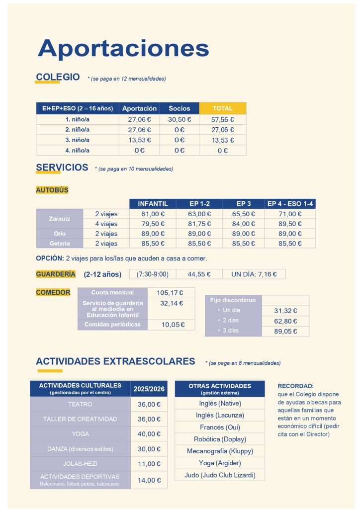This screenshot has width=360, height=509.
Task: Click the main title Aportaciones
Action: tap(123, 48)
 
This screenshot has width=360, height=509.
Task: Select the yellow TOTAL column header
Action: tap(222, 108)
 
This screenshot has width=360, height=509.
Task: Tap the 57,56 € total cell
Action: tap(222, 119)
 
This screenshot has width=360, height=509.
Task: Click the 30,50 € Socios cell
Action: tap(179, 119)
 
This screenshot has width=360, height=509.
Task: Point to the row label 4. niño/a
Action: tap(78, 150)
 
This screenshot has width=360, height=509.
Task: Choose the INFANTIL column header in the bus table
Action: tap(153, 204)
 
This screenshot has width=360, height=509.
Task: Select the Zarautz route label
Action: tap(59, 219)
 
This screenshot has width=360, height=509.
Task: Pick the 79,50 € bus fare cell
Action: tap(153, 224)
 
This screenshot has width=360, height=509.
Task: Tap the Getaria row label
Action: tap(59, 244)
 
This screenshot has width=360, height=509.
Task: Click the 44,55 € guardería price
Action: tap(199, 274)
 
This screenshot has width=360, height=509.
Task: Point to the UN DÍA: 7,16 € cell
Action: tap(254, 274)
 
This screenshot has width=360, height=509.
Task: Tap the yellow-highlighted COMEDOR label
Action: tap(53, 292)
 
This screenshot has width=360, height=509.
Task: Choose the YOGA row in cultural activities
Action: tap(80, 434)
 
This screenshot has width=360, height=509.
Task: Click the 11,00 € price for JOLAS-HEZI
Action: tap(149, 464)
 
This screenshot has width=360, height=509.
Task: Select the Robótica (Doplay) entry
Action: tap(220, 439)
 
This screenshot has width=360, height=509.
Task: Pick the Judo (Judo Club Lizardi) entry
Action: tap(220, 475)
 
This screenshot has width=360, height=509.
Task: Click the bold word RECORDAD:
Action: tap(295, 386)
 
